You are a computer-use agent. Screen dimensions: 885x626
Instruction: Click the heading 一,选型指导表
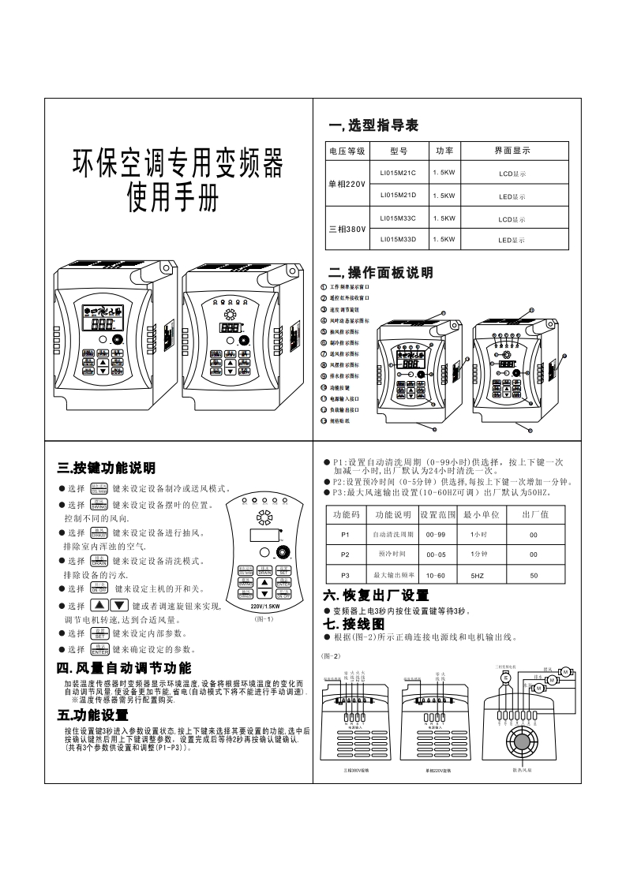[x=373, y=126]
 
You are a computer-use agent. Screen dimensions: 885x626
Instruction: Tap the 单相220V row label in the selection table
[x=347, y=184]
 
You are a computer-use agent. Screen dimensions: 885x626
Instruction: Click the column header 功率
[x=444, y=151]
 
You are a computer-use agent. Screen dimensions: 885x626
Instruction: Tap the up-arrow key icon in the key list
[x=100, y=606]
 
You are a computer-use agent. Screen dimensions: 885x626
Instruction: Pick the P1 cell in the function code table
[x=345, y=534]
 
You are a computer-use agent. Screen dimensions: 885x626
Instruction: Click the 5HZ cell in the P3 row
[x=477, y=576]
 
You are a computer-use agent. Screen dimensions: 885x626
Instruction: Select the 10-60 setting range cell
[x=436, y=576]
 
